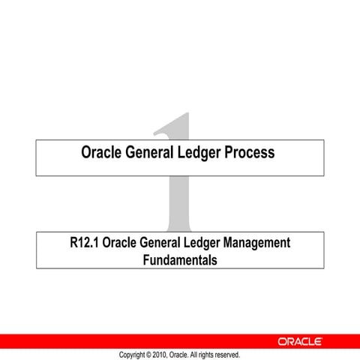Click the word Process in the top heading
247,153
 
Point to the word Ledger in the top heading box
204,153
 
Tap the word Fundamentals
179,260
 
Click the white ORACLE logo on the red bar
300,341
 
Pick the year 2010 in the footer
161,354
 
